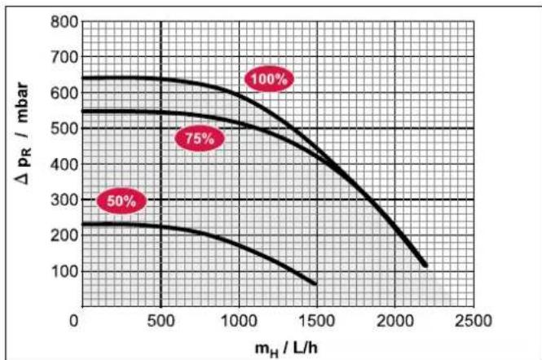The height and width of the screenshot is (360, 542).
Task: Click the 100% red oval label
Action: (x=269, y=79)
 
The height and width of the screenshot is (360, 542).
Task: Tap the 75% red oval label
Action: (x=200, y=138)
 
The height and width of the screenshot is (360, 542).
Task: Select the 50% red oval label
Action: (x=121, y=200)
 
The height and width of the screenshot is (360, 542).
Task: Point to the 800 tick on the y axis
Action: (x=64, y=22)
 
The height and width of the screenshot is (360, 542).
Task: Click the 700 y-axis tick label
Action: (x=64, y=57)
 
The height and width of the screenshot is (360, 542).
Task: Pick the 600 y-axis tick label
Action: (x=64, y=93)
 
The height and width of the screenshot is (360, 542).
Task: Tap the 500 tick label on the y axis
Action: (x=64, y=129)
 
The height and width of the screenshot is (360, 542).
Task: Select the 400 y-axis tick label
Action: (x=64, y=165)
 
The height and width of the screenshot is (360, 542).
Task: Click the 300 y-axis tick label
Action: (x=64, y=200)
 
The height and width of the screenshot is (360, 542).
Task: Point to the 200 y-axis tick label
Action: (x=64, y=235)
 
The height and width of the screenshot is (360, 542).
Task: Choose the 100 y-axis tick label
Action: (x=64, y=271)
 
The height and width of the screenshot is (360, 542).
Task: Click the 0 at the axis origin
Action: (x=74, y=321)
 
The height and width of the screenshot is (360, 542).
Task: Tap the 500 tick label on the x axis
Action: (x=161, y=321)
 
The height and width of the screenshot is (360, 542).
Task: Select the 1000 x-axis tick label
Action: (x=239, y=321)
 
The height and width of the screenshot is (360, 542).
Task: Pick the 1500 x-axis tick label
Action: (x=316, y=321)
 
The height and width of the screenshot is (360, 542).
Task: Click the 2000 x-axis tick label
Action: (x=395, y=321)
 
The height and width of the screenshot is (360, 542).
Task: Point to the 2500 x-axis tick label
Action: (x=473, y=321)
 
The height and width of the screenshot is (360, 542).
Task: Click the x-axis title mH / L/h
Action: (x=286, y=349)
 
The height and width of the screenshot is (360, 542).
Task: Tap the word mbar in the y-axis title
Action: (x=23, y=103)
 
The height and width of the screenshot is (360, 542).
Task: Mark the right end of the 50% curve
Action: (x=315, y=283)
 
